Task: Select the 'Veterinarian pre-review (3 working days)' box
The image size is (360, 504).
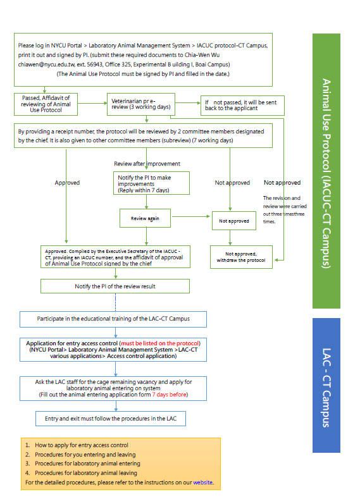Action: coord(141,104)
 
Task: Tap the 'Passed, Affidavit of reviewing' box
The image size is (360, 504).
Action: coord(46,104)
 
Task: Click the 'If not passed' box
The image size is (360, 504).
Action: coord(242,106)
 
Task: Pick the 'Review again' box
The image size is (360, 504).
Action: coord(145,218)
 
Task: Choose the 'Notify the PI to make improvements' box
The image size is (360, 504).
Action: coord(151,183)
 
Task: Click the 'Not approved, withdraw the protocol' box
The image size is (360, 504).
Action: coord(241,257)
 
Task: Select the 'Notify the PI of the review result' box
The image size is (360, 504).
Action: coord(115,286)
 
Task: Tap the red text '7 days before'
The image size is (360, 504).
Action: coord(169,395)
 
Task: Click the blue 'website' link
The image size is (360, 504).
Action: coord(202,482)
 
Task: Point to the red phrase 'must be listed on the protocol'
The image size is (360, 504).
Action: coord(160,343)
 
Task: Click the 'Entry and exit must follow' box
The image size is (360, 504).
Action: coord(111,419)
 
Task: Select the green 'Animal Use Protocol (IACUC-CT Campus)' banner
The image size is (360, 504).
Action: coord(326,171)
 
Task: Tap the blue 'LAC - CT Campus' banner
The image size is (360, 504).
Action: coord(326,385)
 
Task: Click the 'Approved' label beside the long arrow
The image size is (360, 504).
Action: coord(67,183)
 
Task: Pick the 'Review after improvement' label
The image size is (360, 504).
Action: coord(147,164)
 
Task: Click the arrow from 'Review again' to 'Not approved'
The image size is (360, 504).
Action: coord(191,216)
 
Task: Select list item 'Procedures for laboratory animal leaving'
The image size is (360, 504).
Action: coord(86,473)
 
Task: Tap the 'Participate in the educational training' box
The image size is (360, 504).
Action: coord(113,319)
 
